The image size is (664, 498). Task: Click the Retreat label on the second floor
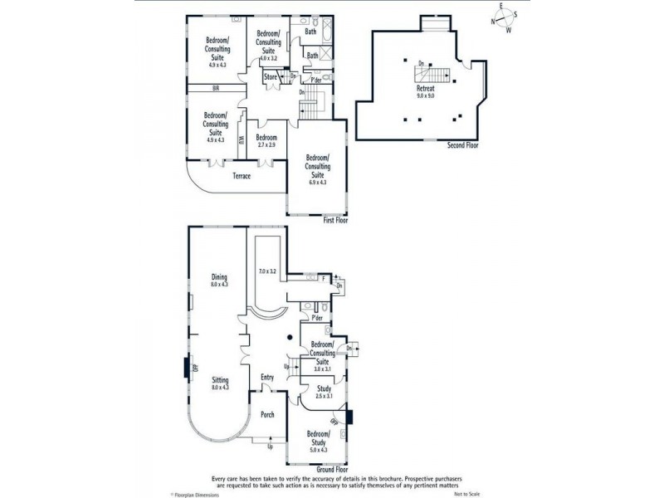point(425,91)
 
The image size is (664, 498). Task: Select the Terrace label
point(242,176)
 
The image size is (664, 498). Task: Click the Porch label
point(267,415)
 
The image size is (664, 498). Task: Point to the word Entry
point(267,378)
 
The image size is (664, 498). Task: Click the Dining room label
point(219,281)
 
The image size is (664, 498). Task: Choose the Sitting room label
point(219,383)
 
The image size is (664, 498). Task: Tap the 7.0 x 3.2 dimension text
point(266,271)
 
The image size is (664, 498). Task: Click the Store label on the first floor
point(271,77)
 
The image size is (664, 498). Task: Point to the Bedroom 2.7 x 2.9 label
point(266,141)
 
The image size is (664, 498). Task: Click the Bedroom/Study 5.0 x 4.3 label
point(318,439)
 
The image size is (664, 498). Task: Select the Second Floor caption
point(462,145)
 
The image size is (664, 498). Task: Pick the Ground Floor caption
point(332,469)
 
